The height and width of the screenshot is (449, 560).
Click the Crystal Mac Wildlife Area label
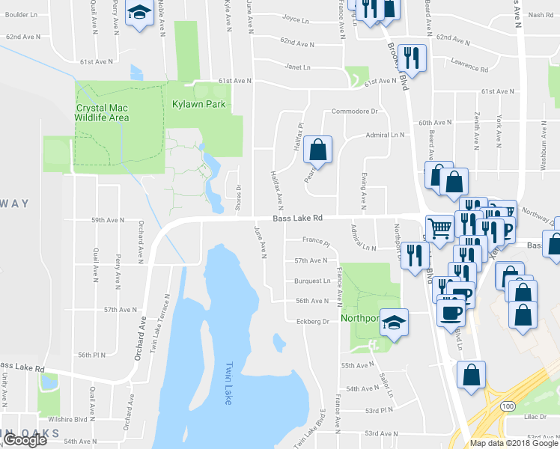pos(103,112)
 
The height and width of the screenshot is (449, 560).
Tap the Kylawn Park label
pos(198,104)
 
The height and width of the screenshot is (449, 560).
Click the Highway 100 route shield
pos(508,406)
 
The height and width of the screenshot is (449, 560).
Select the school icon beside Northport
pos(394,323)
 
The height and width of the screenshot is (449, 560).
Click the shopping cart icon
pos(439,227)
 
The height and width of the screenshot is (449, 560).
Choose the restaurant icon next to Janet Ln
pos(412,57)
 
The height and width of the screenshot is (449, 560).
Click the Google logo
pos(25,440)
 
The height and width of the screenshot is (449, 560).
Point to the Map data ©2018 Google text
pos(514,443)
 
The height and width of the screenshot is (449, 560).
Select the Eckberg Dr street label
pos(314,321)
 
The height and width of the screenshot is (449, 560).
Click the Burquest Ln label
pos(312,281)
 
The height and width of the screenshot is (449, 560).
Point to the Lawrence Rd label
pos(469,66)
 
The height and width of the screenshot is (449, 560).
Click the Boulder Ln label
pos(20,14)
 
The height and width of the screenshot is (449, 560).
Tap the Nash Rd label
pos(540,14)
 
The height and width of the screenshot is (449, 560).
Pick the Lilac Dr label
pos(536,415)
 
